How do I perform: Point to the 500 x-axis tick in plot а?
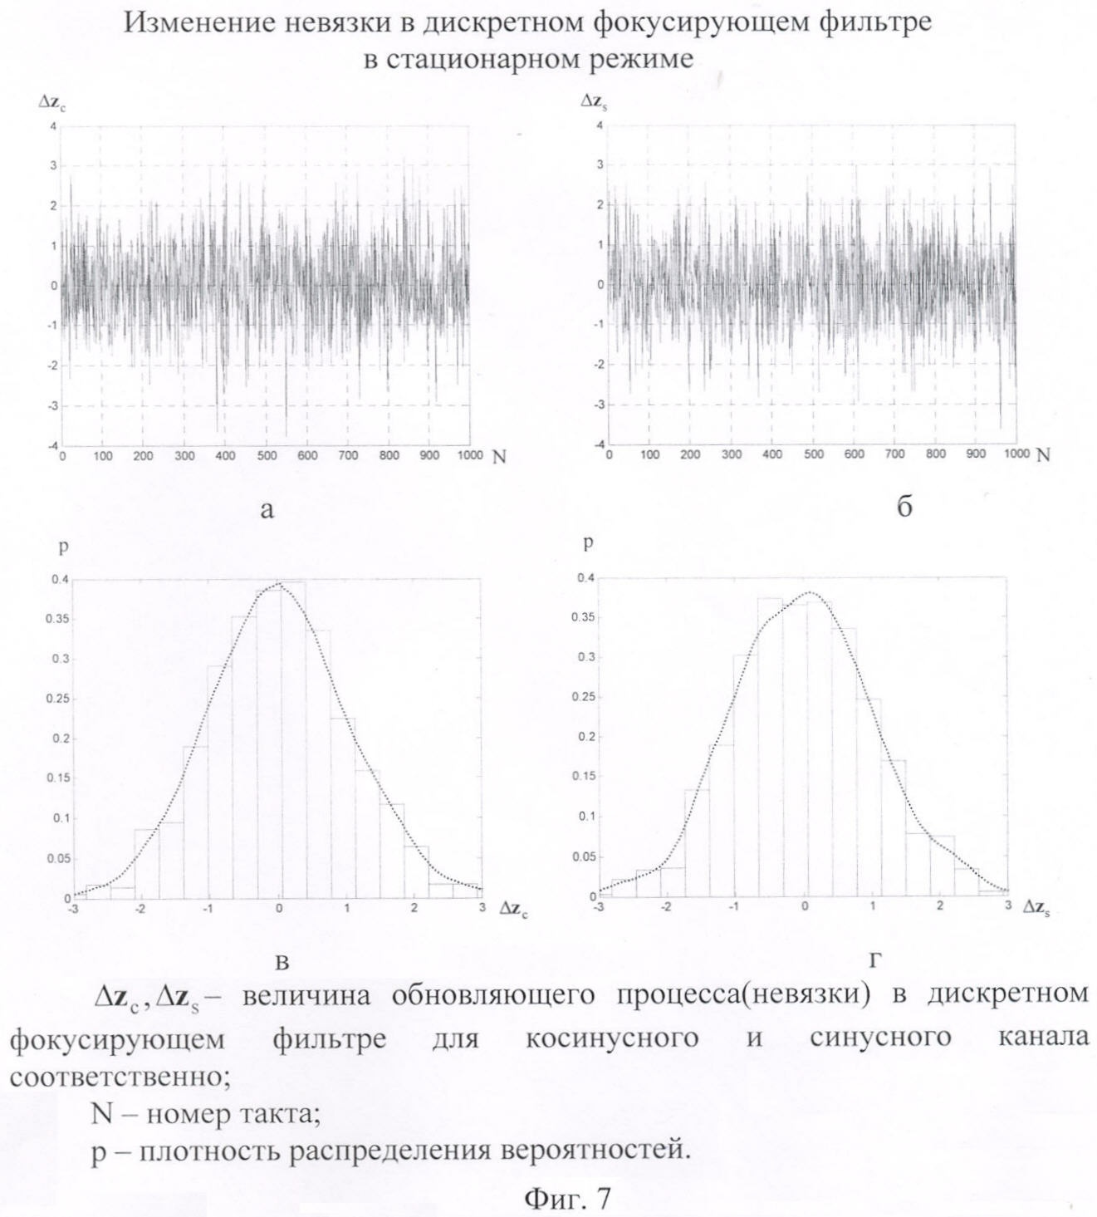click(x=267, y=456)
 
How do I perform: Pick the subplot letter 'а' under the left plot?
click(x=267, y=509)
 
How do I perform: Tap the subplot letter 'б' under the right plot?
click(x=904, y=507)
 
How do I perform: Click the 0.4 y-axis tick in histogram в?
click(x=60, y=579)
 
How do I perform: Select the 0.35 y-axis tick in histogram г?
click(x=585, y=617)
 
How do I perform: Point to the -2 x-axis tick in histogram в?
click(x=140, y=908)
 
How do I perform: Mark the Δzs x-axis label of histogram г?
click(x=1037, y=910)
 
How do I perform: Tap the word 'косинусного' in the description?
click(x=612, y=1038)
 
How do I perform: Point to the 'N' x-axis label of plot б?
click(x=1044, y=454)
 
